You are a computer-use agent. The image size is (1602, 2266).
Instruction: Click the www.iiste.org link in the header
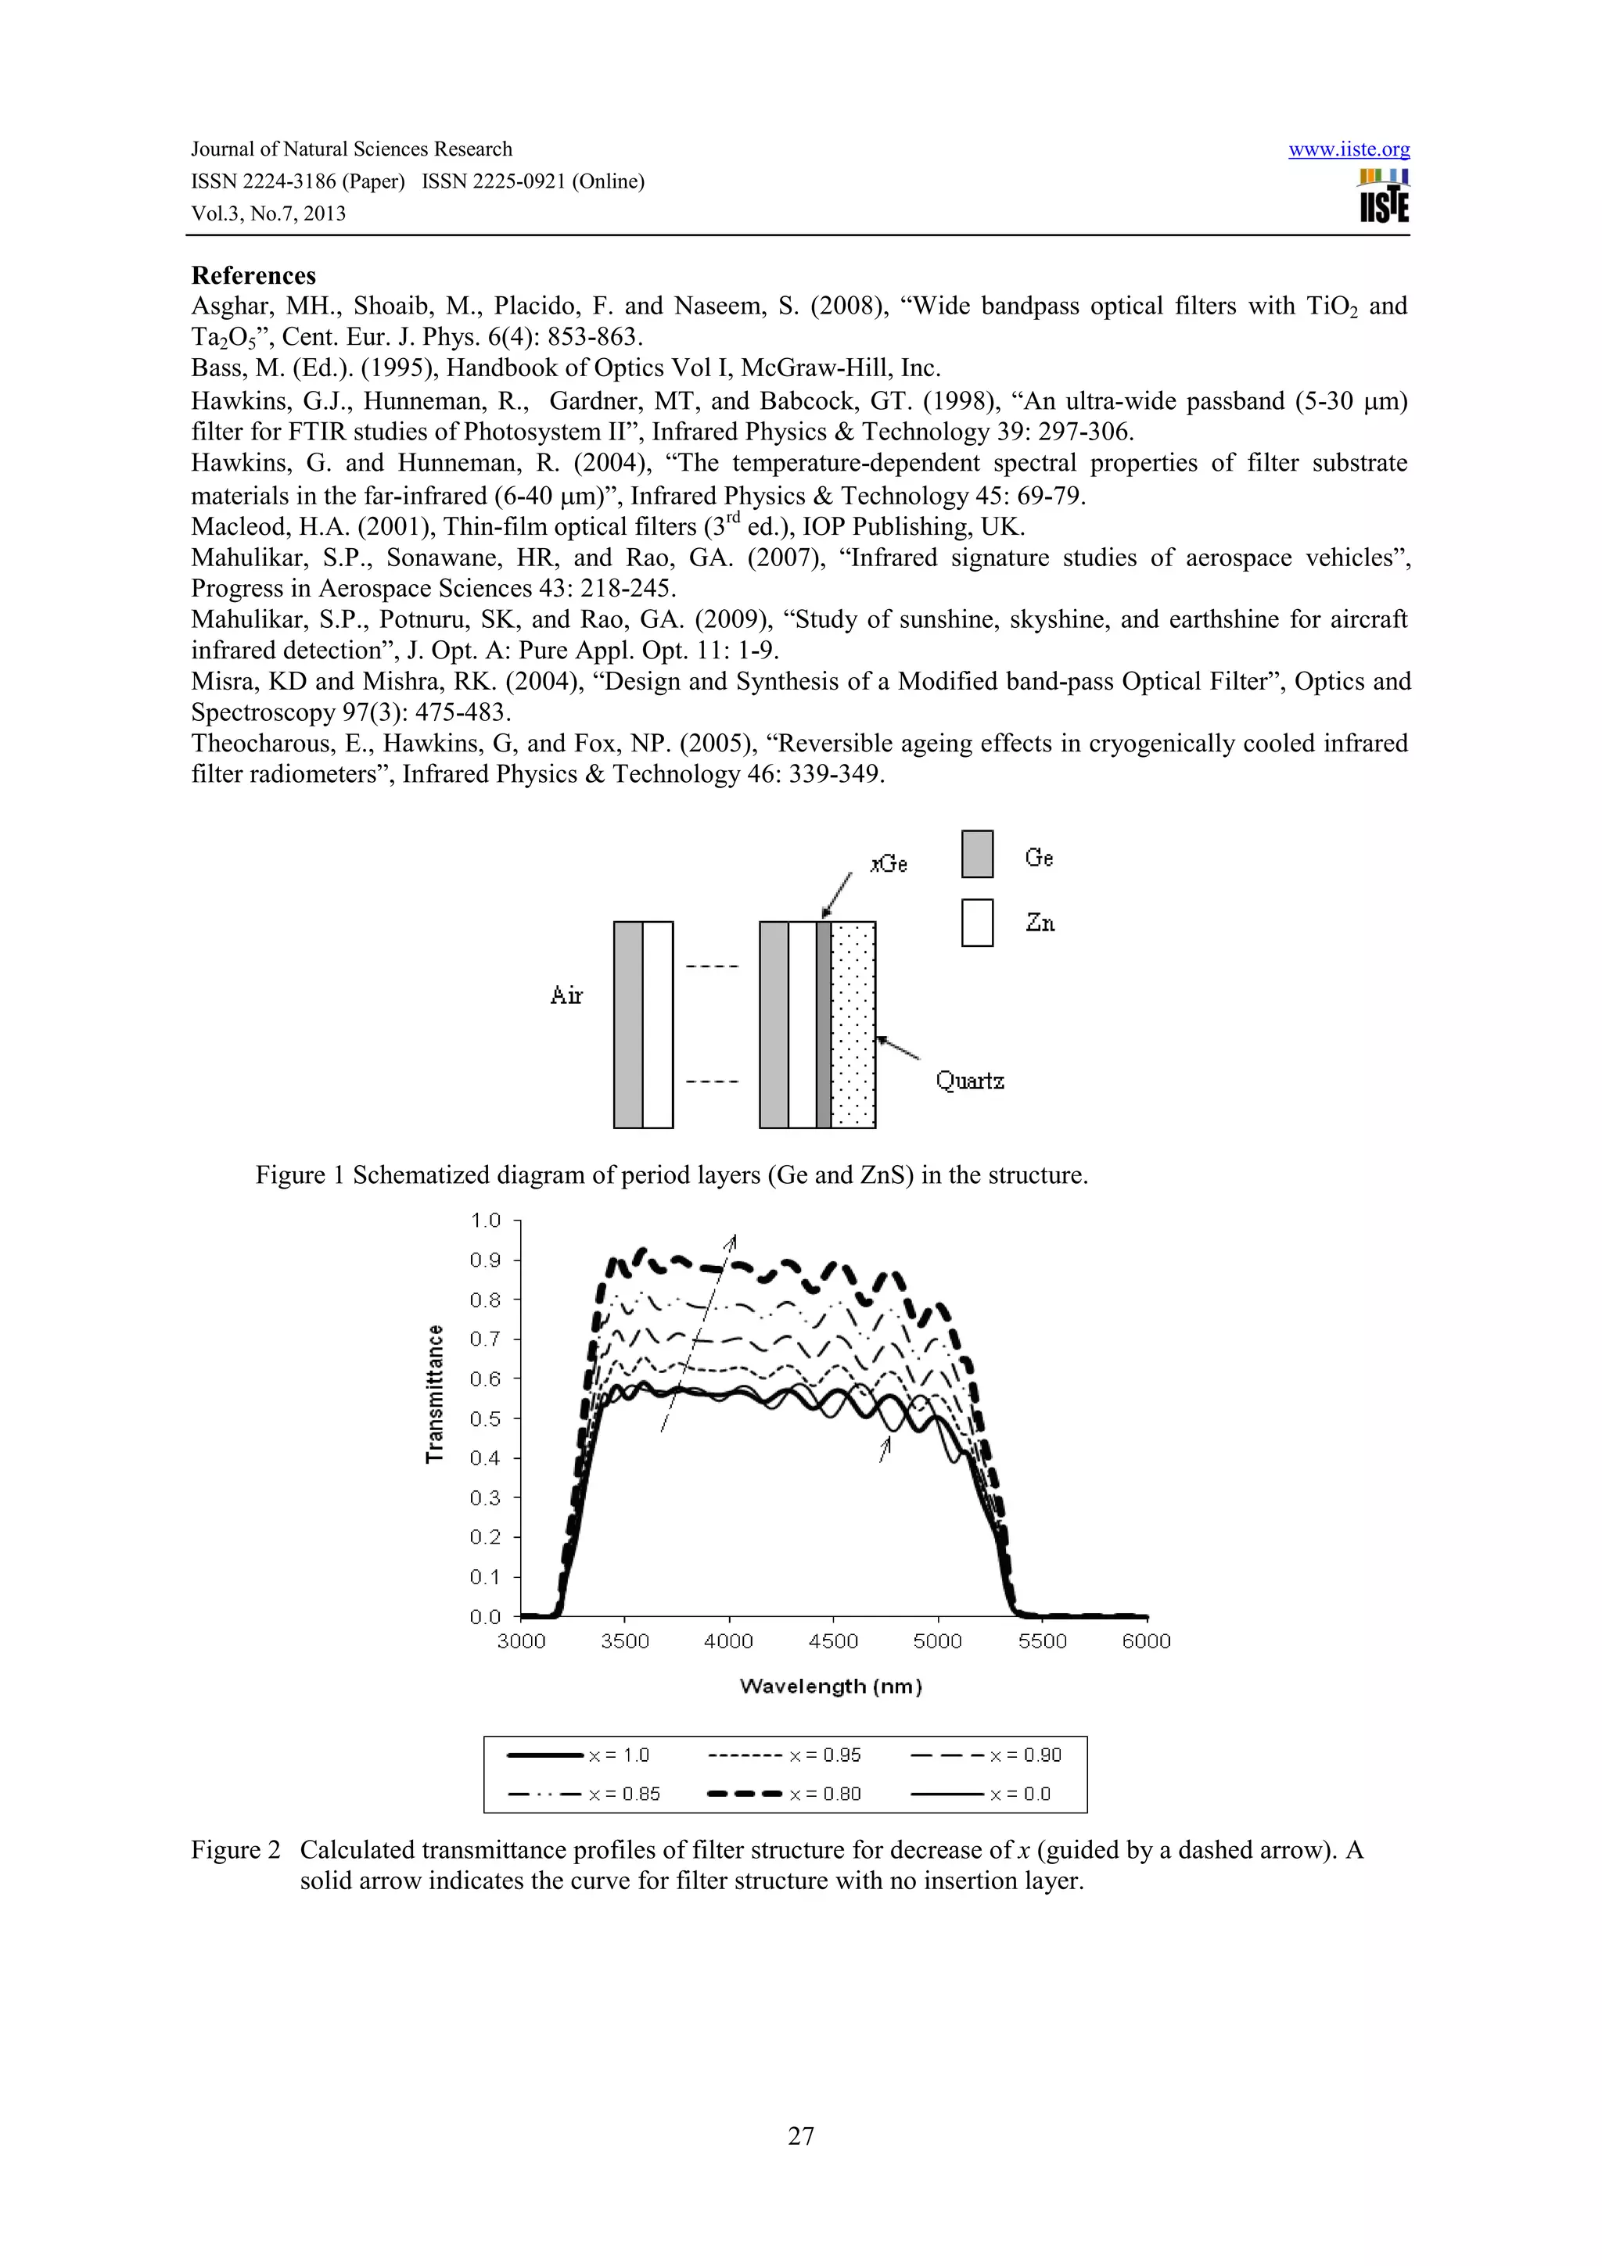(1349, 149)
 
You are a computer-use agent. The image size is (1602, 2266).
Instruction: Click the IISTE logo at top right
(1383, 195)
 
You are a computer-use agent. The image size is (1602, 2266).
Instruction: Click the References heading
(253, 275)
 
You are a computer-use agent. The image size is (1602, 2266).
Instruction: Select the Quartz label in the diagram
(969, 1081)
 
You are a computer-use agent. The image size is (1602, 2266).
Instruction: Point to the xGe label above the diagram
(889, 863)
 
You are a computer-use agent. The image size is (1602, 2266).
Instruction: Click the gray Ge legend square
(977, 854)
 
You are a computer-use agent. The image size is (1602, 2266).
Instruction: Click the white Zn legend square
(977, 923)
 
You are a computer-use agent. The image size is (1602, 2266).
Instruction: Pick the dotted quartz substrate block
(853, 1024)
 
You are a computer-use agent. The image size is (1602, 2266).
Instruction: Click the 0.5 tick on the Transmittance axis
(485, 1418)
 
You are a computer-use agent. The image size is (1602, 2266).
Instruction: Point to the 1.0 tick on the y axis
(485, 1221)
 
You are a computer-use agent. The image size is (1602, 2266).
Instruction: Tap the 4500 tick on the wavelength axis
(833, 1641)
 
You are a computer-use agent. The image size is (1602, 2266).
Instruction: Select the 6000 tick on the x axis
(1146, 1641)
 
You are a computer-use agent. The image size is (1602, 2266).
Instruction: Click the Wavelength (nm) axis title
(831, 1686)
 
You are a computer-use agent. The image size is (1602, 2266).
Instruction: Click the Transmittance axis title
(434, 1393)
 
